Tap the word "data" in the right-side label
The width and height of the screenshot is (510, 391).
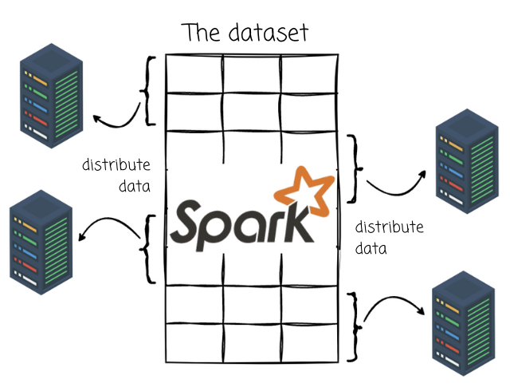point(371,248)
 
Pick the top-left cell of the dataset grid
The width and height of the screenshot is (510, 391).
point(194,73)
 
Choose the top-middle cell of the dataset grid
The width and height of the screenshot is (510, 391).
point(252,73)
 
